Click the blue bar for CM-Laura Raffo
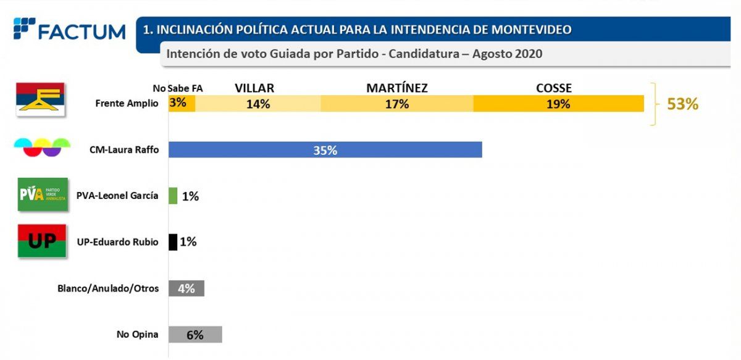pyautogui.click(x=325, y=149)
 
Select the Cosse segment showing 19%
pyautogui.click(x=558, y=104)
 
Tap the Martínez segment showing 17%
pyautogui.click(x=396, y=104)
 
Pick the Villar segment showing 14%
pyautogui.click(x=257, y=104)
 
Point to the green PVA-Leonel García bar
pyautogui.click(x=173, y=196)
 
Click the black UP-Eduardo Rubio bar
pyautogui.click(x=173, y=241)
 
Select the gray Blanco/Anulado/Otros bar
pyautogui.click(x=186, y=288)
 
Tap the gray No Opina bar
pyautogui.click(x=195, y=335)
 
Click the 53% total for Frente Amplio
pyautogui.click(x=682, y=104)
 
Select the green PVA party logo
pyautogui.click(x=43, y=194)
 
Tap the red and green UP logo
pyautogui.click(x=43, y=241)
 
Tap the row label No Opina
pyautogui.click(x=137, y=335)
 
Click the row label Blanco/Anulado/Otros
pyautogui.click(x=108, y=288)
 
